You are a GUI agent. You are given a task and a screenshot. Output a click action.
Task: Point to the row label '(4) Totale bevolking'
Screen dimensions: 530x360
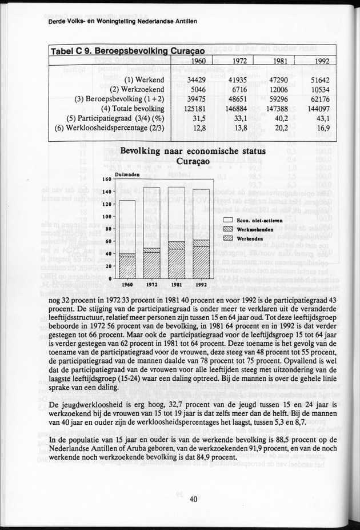[133, 109]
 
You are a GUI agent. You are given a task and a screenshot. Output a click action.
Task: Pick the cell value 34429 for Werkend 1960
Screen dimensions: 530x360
[196, 79]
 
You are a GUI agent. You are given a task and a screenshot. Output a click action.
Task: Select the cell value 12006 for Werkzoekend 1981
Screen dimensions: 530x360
[278, 89]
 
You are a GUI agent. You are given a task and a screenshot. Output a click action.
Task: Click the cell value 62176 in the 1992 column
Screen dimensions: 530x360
[320, 99]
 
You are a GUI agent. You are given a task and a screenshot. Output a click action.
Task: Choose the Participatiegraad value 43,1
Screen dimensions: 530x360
[323, 118]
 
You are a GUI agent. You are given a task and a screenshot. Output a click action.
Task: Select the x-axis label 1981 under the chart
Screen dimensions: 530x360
[176, 284]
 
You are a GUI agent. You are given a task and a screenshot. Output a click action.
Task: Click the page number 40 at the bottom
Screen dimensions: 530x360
[194, 499]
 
